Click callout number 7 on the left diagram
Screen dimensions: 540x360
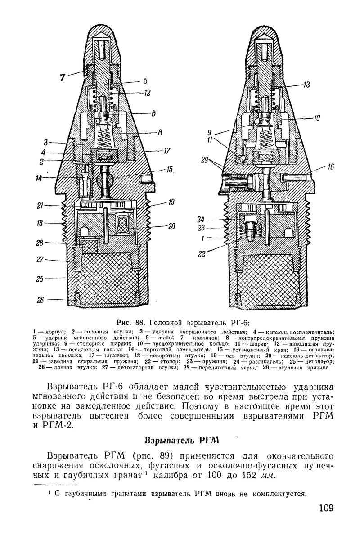[x=62, y=77]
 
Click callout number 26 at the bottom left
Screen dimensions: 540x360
[x=40, y=300]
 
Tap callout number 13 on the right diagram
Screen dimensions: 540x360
[x=307, y=84]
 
